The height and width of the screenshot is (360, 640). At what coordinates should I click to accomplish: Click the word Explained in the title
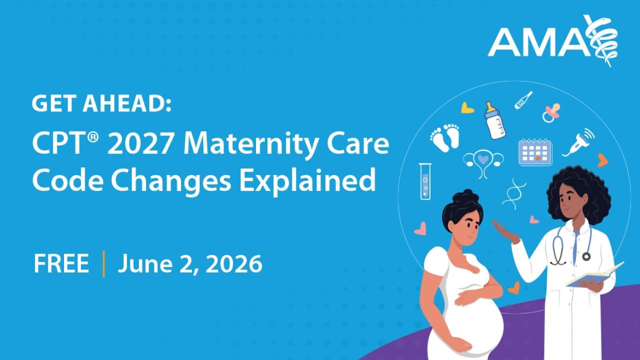coord(307,180)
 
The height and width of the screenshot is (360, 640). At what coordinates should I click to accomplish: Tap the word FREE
coord(61,263)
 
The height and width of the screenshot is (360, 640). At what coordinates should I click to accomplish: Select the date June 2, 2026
coord(190,264)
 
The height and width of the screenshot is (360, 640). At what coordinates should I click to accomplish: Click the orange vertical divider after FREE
coord(103,264)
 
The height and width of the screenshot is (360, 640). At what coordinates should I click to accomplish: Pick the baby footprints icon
coord(444,137)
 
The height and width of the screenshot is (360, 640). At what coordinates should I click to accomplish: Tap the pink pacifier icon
coord(551,112)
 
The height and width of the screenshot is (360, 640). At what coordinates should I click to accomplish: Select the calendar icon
coord(534,152)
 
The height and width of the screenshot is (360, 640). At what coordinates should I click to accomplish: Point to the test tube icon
coord(425,181)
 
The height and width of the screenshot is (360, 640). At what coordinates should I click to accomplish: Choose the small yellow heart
coord(467,107)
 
